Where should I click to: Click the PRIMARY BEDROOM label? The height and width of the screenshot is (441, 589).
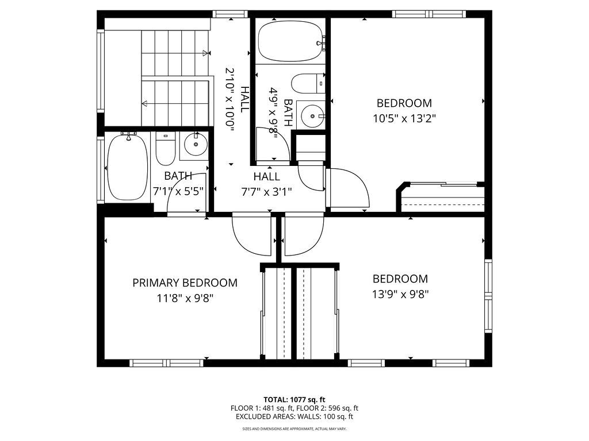pyautogui.click(x=185, y=283)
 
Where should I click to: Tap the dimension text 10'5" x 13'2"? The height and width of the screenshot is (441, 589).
pyautogui.click(x=404, y=119)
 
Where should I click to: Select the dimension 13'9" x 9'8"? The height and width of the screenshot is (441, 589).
pyautogui.click(x=400, y=294)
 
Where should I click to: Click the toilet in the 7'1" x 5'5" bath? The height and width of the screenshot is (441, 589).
pyautogui.click(x=165, y=148)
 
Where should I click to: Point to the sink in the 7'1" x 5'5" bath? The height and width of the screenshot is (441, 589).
pyautogui.click(x=195, y=146)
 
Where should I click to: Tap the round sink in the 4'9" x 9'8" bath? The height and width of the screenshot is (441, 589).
pyautogui.click(x=312, y=116)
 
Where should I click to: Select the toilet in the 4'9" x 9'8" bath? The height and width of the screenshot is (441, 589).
pyautogui.click(x=307, y=84)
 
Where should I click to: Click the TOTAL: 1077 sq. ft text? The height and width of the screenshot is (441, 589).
pyautogui.click(x=294, y=399)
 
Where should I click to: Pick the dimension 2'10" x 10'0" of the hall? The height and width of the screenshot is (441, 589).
pyautogui.click(x=230, y=100)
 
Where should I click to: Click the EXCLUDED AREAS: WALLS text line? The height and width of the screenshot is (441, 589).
pyautogui.click(x=294, y=417)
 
